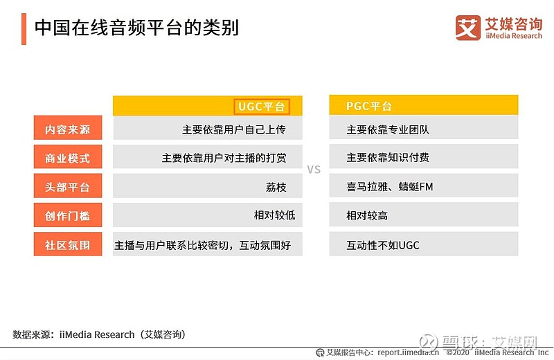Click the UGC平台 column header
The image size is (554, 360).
coord(262,107)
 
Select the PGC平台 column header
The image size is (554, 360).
coord(368,106)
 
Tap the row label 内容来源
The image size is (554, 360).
coord(67,129)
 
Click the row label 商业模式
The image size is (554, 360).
coord(67,158)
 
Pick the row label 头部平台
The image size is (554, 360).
coord(67,187)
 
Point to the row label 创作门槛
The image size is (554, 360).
coord(67,215)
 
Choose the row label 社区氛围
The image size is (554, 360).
coord(67,245)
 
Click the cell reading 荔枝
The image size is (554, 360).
coord(276,187)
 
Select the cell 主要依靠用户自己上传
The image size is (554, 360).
coord(234,129)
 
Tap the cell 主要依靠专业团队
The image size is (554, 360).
coord(388,129)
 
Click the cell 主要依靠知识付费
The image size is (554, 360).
coord(388,157)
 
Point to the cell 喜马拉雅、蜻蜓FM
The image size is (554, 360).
coord(389,186)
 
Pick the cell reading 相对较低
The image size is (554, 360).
coord(274,215)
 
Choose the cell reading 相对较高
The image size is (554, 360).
coord(367,215)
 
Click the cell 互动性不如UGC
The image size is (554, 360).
coord(383,245)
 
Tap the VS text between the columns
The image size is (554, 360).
coord(314,170)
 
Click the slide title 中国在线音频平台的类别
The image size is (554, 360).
coord(136,28)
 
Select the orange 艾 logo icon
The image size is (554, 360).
coord(468,28)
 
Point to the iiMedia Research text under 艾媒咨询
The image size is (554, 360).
coord(514,36)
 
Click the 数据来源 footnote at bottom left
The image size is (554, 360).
coord(99,334)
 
